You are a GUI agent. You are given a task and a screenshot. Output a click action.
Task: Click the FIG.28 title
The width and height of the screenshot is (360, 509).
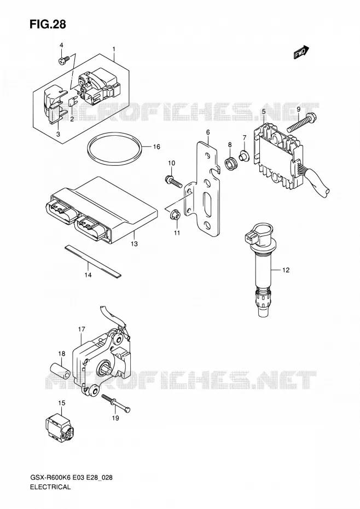pyautogui.click(x=48, y=24)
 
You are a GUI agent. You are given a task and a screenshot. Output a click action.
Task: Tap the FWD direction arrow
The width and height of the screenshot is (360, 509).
pyautogui.click(x=301, y=53)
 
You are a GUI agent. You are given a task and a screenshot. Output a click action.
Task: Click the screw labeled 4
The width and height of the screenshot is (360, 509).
pyautogui.click(x=64, y=60)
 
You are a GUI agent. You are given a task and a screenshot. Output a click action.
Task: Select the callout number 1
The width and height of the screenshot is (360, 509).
pyautogui.click(x=114, y=49)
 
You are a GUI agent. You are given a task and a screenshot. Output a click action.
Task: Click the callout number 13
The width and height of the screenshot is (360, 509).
pyautogui.click(x=134, y=244)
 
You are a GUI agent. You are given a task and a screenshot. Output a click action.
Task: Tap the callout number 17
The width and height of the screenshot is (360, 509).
pyautogui.click(x=81, y=329)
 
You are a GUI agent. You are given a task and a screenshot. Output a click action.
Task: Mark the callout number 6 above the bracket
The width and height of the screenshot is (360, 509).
pyautogui.click(x=208, y=132)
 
